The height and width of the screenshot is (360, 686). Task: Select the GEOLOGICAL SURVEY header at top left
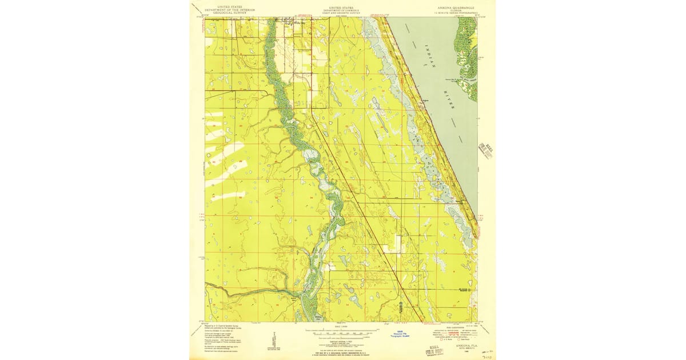point(224,13)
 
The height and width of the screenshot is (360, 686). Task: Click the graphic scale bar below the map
point(342,332)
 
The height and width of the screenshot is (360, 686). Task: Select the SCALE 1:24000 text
point(342,326)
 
